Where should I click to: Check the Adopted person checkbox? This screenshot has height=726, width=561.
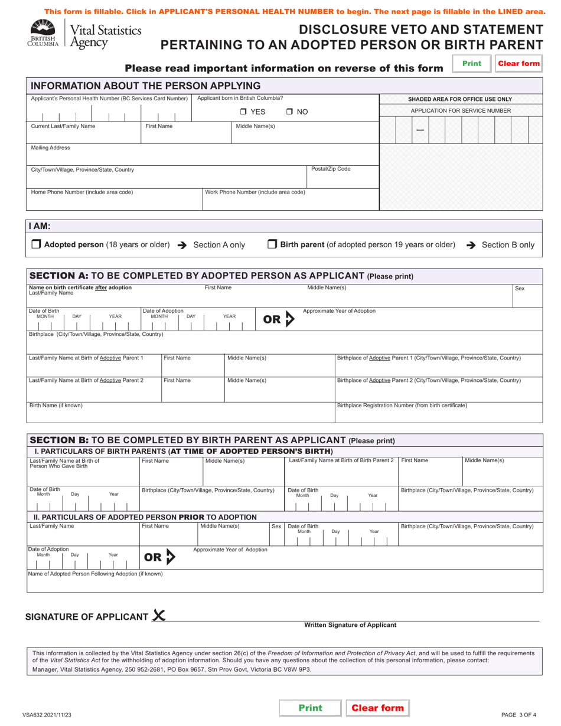[35, 244]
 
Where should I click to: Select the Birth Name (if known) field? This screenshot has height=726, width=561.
[181, 414]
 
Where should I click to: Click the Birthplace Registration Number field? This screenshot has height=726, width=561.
[438, 414]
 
